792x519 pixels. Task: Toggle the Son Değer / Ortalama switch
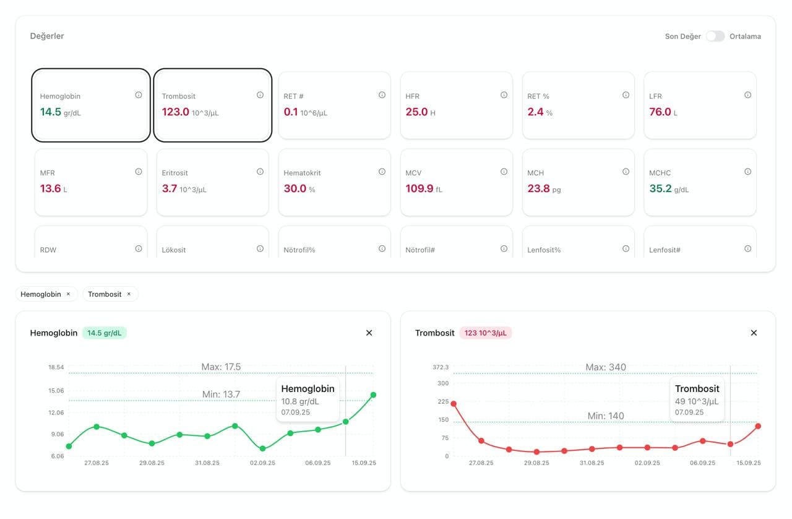715,37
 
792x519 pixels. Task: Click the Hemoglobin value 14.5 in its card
50,112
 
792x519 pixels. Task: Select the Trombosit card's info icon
260,95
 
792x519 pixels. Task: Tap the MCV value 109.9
419,189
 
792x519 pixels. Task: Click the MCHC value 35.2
660,189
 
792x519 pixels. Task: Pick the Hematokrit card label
302,173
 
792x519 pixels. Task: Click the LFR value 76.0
660,112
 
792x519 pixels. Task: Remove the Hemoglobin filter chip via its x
68,294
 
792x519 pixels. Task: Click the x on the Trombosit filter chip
129,294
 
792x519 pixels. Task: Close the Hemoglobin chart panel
369,333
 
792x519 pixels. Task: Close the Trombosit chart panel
754,333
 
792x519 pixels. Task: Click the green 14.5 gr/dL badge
104,333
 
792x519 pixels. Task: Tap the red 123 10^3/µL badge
485,333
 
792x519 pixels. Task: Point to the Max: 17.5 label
221,367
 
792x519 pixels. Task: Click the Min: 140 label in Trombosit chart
606,416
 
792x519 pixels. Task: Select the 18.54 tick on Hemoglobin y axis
56,368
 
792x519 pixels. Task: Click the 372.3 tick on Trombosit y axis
441,368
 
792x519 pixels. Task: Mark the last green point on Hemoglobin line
373,395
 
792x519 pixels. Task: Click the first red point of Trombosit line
454,404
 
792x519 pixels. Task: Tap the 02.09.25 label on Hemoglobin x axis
262,463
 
